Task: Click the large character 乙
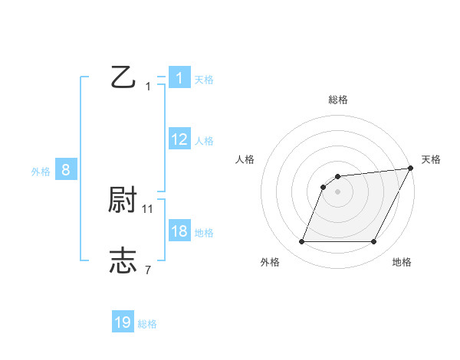123,77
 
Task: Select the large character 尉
123,201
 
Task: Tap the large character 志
123,261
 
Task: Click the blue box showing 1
179,77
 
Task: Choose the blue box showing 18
179,231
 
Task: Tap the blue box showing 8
65,170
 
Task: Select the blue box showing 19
123,322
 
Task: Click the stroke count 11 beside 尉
148,208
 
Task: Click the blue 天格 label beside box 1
204,79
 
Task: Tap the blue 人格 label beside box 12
204,141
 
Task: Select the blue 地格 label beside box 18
204,233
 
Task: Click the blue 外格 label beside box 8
41,172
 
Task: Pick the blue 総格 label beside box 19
147,325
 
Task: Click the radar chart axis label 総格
338,100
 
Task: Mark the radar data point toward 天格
411,168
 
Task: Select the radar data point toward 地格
374,242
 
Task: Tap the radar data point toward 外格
301,242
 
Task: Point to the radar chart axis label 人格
245,159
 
